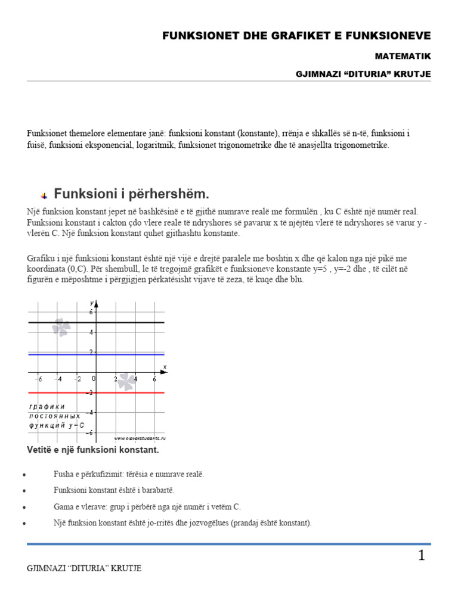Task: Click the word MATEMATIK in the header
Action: coord(403,56)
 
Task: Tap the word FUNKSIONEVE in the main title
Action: coord(390,36)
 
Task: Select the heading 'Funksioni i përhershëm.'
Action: coord(132,194)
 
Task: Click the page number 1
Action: coord(422,556)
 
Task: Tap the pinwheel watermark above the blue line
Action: coord(61,327)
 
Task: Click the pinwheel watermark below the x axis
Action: coord(126,382)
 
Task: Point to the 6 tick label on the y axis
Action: coord(91,312)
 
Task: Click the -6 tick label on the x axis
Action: coord(38,379)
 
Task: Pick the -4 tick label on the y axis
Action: coord(89,412)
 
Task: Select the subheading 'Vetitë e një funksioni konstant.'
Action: coord(93,450)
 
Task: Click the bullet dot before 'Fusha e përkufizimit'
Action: coord(23,475)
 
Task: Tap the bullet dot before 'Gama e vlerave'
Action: coord(23,507)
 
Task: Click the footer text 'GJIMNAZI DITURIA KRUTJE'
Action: coord(84,568)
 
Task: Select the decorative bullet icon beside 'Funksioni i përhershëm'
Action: coord(44,196)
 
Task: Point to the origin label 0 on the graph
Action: coord(93,379)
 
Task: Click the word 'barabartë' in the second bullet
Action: coord(154,490)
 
